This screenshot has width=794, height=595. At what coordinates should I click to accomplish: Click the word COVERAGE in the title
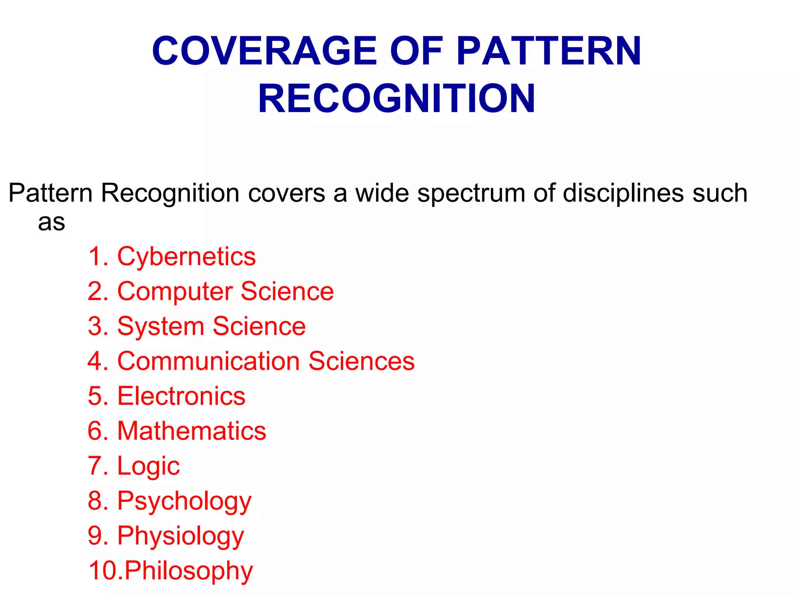(264, 51)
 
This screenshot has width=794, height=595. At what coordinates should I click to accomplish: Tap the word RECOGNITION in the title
(397, 99)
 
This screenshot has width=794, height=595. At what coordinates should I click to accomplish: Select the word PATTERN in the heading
(549, 51)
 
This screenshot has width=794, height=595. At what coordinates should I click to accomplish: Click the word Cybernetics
(186, 257)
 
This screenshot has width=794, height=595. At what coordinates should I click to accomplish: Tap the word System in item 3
(161, 327)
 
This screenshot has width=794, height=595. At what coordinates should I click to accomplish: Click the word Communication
(209, 361)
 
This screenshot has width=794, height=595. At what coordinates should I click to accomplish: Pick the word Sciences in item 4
(361, 361)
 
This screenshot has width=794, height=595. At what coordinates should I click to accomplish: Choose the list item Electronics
(181, 396)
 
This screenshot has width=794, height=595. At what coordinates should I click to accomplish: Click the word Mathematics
(192, 431)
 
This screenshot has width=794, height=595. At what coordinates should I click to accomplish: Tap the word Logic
(148, 466)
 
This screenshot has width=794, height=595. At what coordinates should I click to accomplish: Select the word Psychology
(185, 501)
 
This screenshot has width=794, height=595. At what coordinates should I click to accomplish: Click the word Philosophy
(188, 571)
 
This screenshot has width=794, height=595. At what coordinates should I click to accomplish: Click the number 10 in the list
(102, 571)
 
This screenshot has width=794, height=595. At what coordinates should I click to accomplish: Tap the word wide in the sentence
(382, 193)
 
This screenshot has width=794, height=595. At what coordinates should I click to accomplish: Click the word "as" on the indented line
(52, 223)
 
